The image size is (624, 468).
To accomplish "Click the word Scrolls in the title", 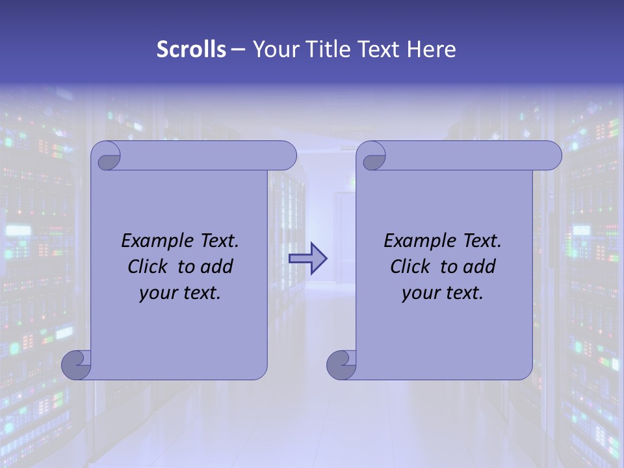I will pos(192,49).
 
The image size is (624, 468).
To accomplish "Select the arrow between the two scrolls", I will pos(307,259).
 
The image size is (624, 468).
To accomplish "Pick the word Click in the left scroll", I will pos(148,266).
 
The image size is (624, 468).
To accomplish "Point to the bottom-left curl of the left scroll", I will pos(76,365).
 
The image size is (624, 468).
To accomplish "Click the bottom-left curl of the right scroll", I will pos(341,365).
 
